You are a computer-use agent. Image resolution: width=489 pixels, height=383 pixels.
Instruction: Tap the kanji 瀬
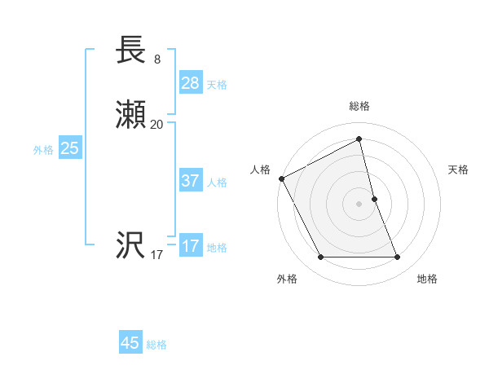click(131, 116)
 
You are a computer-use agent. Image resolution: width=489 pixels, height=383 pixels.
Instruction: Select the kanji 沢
click(131, 245)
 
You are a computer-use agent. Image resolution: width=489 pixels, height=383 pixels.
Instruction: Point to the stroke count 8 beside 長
click(157, 59)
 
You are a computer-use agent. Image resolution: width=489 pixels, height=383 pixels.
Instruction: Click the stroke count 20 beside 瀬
click(156, 125)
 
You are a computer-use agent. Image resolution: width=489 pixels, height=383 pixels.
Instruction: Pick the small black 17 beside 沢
click(156, 255)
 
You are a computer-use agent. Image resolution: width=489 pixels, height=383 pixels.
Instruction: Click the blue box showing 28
click(191, 82)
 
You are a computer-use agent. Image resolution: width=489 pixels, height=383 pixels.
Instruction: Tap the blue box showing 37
click(191, 181)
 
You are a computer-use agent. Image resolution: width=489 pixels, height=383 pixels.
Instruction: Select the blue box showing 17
click(191, 245)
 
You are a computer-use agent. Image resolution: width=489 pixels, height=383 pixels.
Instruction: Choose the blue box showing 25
click(70, 148)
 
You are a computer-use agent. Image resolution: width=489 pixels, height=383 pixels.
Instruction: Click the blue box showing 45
click(130, 343)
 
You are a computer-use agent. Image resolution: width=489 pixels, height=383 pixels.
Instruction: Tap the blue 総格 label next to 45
click(156, 346)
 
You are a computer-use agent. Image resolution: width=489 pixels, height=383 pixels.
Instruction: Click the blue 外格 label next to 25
click(43, 150)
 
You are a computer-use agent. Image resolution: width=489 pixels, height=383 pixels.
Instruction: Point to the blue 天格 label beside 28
click(217, 85)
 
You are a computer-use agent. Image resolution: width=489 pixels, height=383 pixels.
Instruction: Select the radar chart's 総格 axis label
click(359, 106)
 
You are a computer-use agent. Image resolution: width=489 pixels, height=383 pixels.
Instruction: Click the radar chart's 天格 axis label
click(459, 169)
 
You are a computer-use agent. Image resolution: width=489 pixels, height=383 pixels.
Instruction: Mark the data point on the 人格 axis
click(281, 178)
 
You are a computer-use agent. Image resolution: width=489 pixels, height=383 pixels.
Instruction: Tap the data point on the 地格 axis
click(398, 258)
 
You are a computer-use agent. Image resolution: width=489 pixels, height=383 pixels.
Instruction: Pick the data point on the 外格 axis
click(320, 258)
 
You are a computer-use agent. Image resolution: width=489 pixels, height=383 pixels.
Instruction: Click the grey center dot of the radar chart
click(359, 204)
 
